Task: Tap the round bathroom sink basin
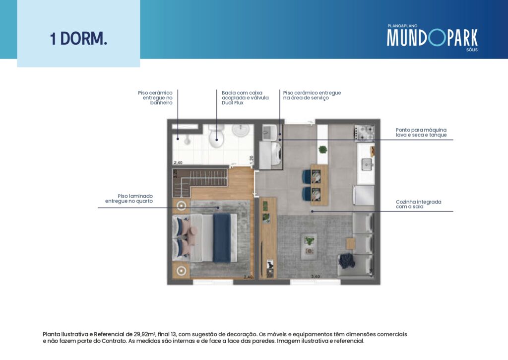(241, 130)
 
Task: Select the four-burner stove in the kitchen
(365, 133)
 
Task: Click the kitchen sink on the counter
(367, 164)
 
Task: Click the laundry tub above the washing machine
(269, 132)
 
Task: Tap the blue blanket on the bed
(222, 237)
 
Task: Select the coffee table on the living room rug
(309, 246)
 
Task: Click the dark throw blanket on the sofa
(347, 261)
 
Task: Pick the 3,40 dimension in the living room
(315, 277)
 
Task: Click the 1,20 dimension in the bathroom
(252, 159)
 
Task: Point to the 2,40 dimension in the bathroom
(178, 162)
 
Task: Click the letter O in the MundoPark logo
(436, 38)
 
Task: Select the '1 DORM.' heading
(78, 39)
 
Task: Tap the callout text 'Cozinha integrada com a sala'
(418, 204)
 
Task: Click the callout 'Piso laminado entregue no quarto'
(129, 199)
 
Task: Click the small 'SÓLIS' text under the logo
(472, 50)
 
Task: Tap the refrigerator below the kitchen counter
(364, 195)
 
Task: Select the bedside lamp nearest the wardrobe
(181, 206)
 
